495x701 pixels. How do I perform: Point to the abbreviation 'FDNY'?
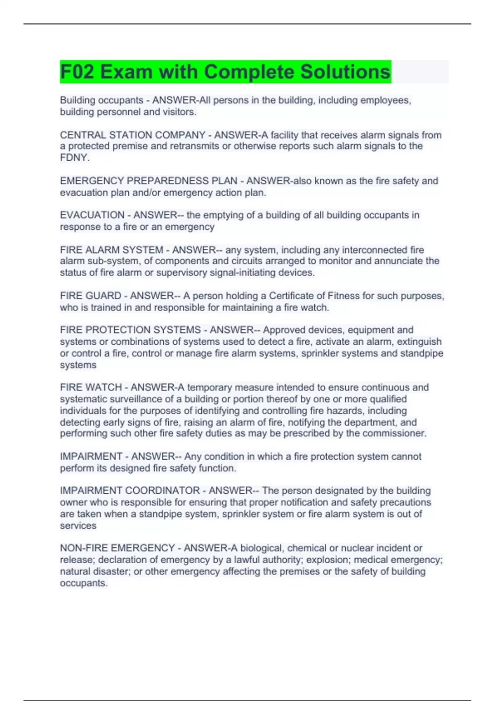click(74, 158)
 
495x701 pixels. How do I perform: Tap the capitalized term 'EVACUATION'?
click(92, 215)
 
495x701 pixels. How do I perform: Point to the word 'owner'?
click(73, 502)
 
